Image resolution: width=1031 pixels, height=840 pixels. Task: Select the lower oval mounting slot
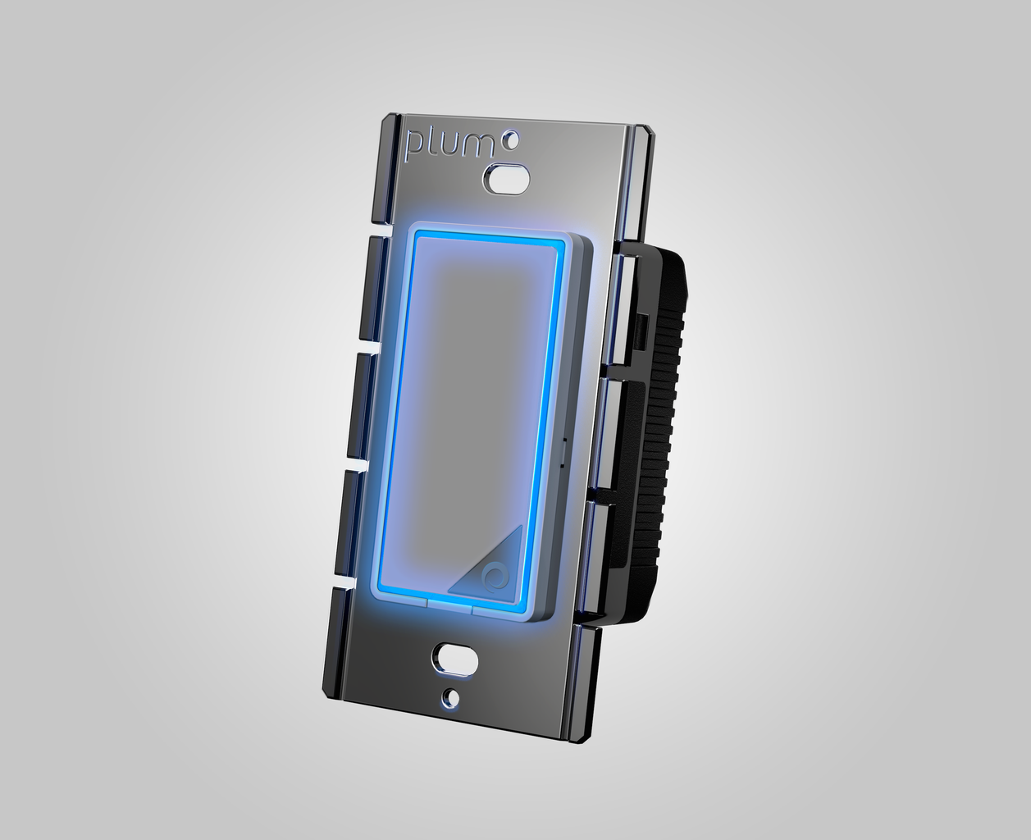(454, 656)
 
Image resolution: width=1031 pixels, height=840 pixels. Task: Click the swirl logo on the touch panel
(493, 577)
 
